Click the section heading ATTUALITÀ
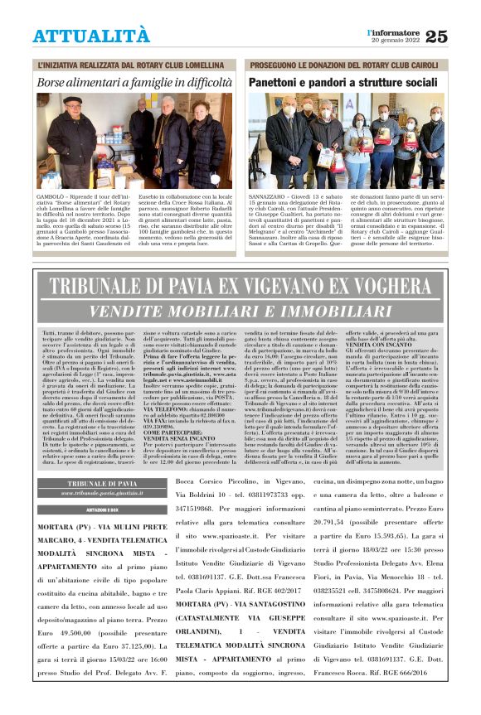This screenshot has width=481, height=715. tap(91, 36)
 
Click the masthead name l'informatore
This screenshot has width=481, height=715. tap(395, 31)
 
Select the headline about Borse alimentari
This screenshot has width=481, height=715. tap(134, 83)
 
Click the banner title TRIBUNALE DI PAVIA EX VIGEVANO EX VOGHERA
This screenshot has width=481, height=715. tap(240, 287)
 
